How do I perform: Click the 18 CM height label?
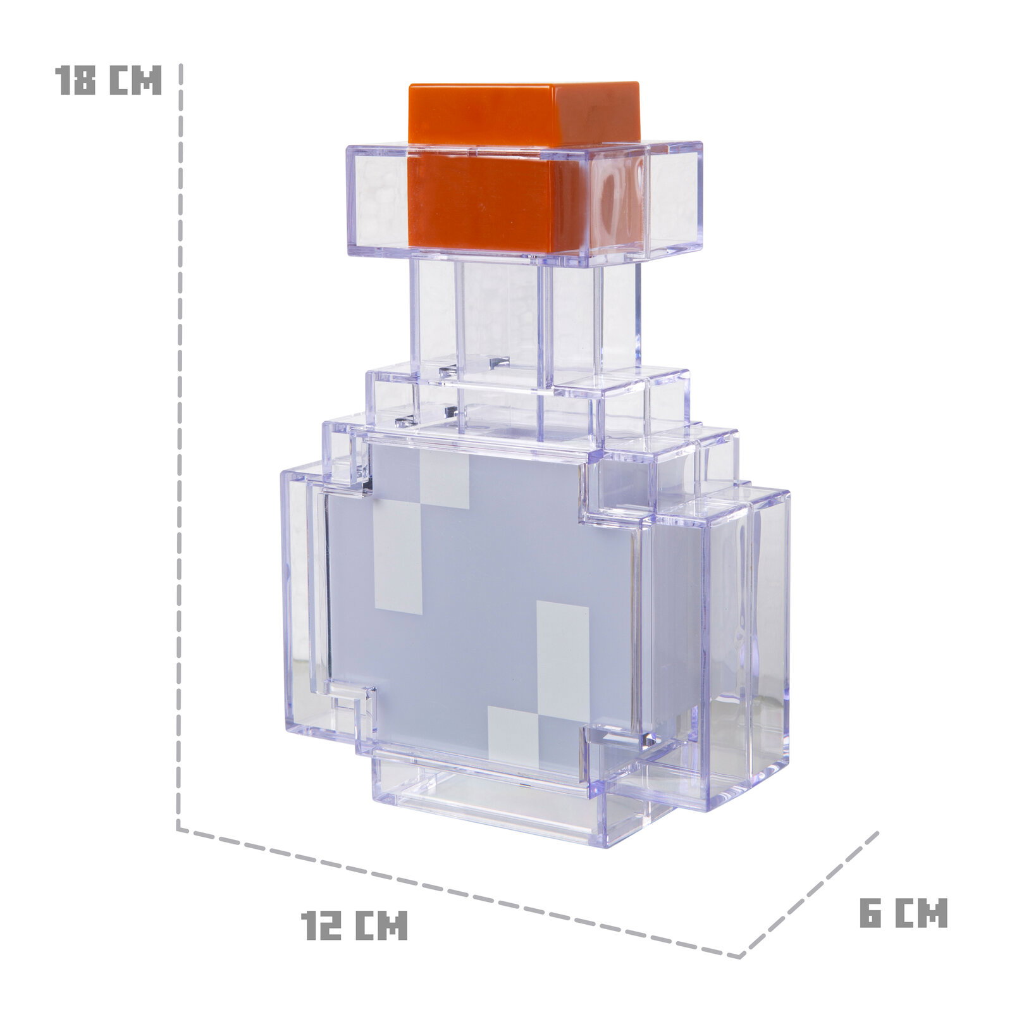108,80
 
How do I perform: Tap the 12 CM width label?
354,926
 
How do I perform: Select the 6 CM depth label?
903,913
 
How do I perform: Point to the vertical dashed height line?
180,443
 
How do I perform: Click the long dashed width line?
455,892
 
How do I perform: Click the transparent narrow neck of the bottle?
506,316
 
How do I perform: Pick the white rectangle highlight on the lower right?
562,651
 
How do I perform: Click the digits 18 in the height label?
76,80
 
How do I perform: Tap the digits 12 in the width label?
322,926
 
